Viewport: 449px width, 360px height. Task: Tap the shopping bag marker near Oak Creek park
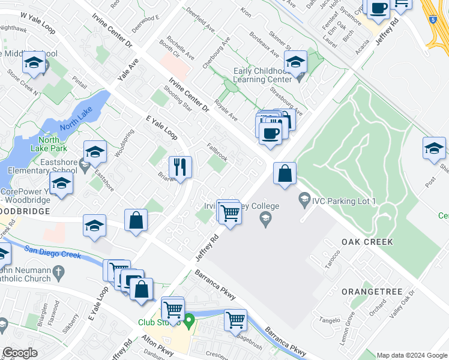[x=285, y=174]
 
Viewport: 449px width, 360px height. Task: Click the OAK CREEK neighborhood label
[x=367, y=242]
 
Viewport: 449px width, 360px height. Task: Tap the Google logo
[x=20, y=353]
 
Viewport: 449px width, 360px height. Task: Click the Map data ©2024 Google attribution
[x=412, y=355]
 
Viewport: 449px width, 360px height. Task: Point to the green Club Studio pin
[x=190, y=322]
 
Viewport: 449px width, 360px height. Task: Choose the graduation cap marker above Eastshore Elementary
[x=95, y=153]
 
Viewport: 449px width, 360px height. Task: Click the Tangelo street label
[x=331, y=319]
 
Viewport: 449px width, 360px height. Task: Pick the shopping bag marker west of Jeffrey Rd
[x=136, y=220]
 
